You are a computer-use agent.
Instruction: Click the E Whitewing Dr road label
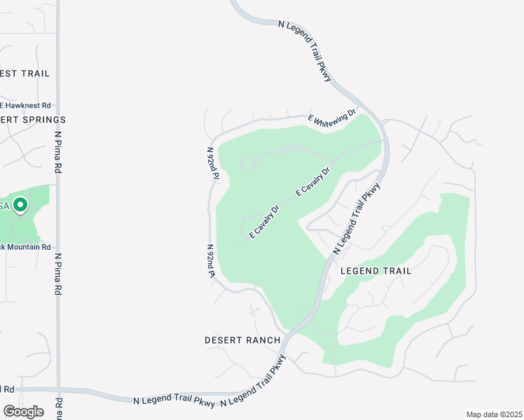point(333,115)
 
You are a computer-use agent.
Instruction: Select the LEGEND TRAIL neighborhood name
point(375,271)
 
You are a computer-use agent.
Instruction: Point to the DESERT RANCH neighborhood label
point(242,340)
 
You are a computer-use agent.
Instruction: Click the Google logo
point(23,412)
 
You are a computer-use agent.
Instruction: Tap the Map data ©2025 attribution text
point(494,414)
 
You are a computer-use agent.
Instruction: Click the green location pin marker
point(20,206)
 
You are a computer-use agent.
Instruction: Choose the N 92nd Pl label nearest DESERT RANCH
point(209,260)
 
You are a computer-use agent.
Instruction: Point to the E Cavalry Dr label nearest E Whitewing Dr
point(312,181)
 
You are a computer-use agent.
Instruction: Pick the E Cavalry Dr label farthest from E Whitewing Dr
point(264,221)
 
